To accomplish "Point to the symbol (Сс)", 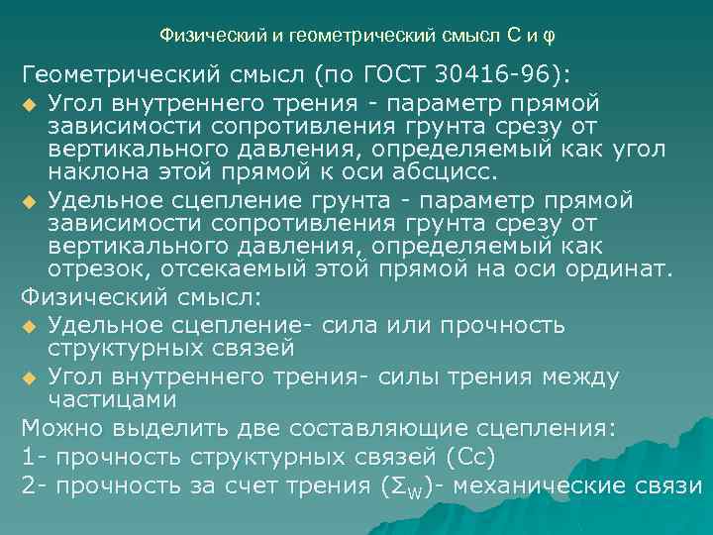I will click(470, 457).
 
